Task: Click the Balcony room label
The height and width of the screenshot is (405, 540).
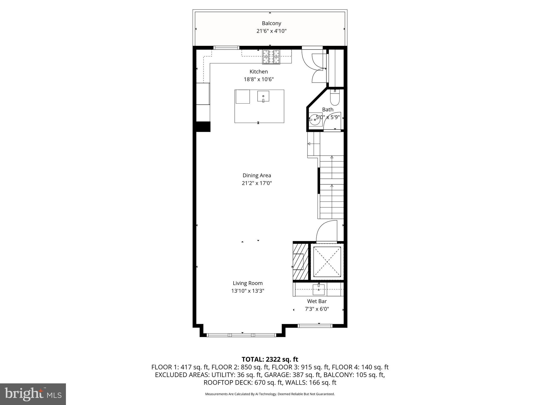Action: [271, 23]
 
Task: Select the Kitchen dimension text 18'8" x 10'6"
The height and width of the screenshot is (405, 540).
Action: [259, 79]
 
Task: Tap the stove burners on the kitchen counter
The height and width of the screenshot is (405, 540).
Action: [271, 57]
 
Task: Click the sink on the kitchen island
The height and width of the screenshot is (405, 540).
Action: [263, 96]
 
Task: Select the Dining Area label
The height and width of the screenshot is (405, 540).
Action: [257, 175]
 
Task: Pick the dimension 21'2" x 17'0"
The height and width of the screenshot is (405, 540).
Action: [257, 183]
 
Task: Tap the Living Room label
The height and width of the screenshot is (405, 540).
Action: [248, 283]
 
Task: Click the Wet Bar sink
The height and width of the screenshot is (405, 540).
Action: [319, 290]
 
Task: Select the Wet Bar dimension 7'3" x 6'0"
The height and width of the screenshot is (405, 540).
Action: [317, 309]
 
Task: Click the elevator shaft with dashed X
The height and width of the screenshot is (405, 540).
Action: [327, 262]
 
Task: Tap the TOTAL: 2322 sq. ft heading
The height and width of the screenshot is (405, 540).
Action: [270, 359]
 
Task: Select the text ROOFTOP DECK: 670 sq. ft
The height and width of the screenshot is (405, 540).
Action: [240, 383]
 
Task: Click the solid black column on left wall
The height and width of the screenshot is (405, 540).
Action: [203, 127]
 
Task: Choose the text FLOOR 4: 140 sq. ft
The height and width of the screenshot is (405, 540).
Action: [360, 367]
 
